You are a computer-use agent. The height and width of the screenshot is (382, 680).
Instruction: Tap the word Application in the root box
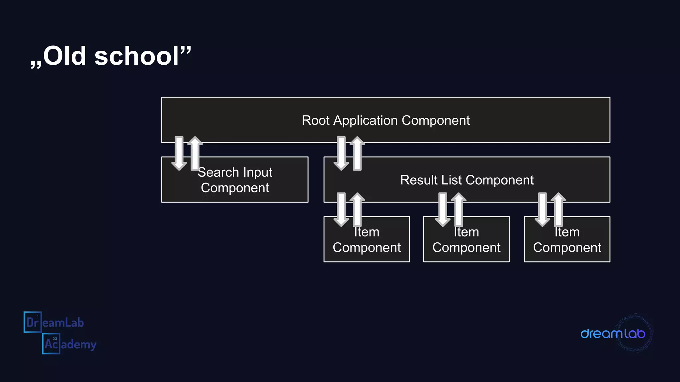point(365,121)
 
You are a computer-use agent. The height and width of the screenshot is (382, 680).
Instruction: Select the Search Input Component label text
point(235,180)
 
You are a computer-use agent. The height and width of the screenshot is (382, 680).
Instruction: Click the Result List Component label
point(467,180)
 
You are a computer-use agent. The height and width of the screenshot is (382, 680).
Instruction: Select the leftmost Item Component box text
point(367,240)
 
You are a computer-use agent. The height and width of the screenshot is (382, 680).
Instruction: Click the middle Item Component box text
point(466,240)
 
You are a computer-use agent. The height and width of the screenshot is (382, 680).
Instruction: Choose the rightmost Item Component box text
point(567,240)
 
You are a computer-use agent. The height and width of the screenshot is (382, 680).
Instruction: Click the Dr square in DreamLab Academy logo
point(33,322)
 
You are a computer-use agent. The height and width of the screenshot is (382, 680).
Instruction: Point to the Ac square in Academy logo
point(51,344)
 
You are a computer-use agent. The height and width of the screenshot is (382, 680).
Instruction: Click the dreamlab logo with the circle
point(614,333)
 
